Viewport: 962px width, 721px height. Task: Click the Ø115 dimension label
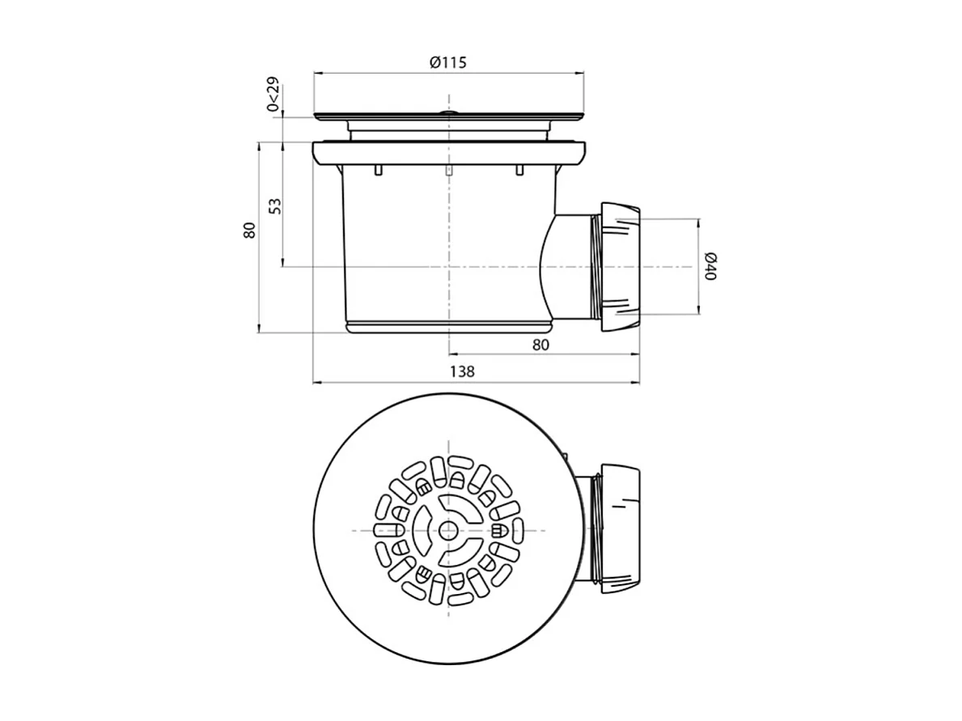click(448, 62)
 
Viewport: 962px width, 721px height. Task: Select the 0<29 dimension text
click(273, 94)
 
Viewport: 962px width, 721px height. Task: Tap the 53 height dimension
click(275, 206)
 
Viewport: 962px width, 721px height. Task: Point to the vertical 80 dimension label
click(249, 230)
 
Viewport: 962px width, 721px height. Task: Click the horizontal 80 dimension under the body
click(541, 345)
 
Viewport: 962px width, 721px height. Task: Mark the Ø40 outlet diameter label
click(709, 265)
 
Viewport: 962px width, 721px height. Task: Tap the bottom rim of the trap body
click(447, 327)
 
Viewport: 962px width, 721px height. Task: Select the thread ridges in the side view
click(598, 265)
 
